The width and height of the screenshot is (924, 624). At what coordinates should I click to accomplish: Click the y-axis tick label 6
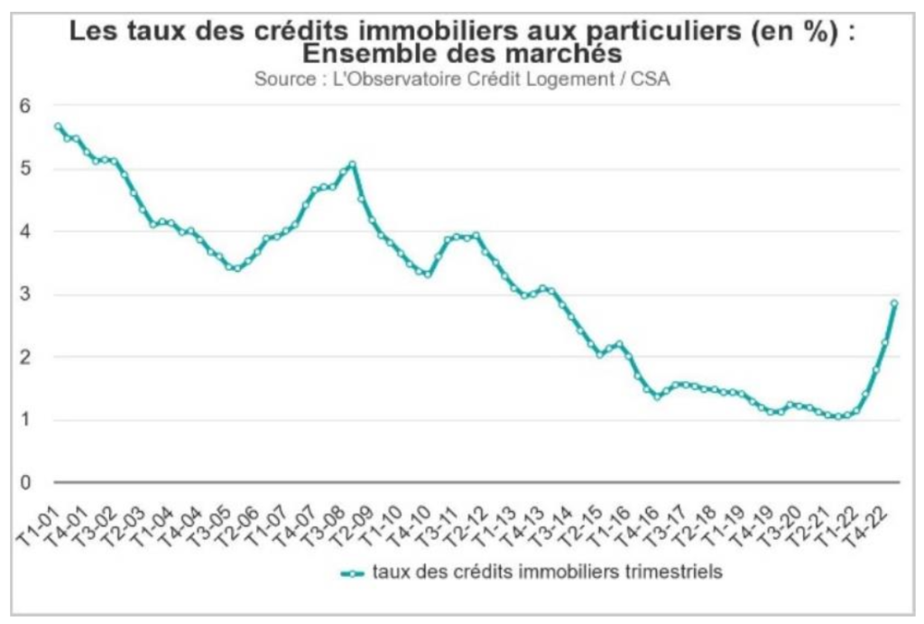pos(25,106)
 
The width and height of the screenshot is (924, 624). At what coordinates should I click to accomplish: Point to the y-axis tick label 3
pos(25,294)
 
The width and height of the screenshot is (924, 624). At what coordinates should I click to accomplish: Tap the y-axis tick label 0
pos(25,483)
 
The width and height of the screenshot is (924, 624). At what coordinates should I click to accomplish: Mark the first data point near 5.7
pos(58,127)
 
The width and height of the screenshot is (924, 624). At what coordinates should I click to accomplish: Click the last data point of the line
pos(894,303)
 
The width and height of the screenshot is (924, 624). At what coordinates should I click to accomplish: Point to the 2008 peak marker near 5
pos(353,164)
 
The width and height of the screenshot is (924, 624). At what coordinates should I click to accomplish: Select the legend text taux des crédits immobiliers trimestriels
pos(547,573)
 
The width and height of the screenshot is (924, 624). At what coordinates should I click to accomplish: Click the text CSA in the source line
pos(652,79)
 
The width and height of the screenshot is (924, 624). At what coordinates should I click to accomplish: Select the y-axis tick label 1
pos(25,420)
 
